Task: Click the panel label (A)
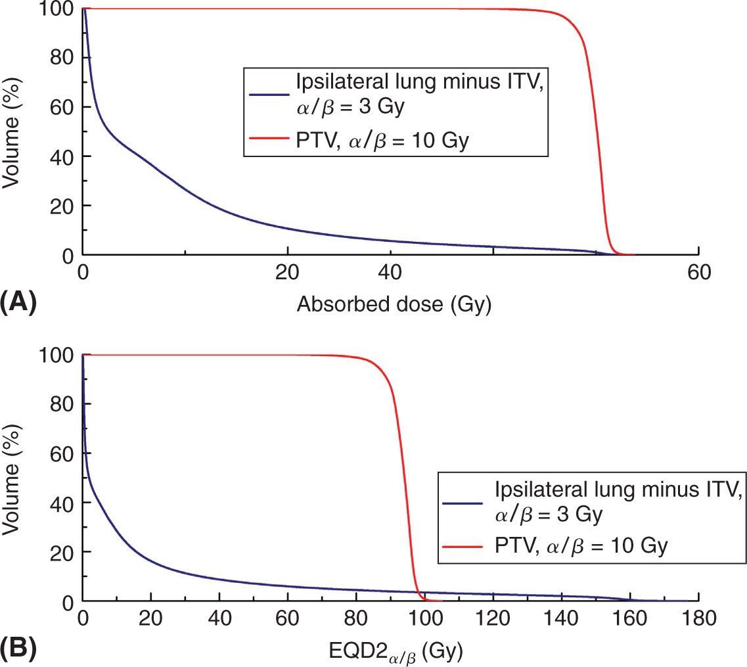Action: [18, 303]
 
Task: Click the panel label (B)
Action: [18, 651]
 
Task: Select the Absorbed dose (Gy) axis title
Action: [394, 304]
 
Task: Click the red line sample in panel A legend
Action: [269, 139]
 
